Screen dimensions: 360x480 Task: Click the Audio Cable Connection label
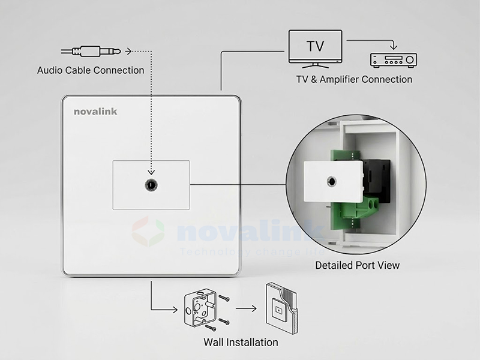tap(91, 70)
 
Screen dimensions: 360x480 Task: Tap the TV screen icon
tap(316, 46)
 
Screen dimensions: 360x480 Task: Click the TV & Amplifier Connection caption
tap(354, 79)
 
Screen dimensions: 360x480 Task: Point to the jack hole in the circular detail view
tap(331, 179)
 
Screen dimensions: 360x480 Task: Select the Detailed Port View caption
tap(357, 265)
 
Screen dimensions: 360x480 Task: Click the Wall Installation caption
tap(241, 343)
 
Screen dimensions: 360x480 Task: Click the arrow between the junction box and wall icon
tap(246, 310)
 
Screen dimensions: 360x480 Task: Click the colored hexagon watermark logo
tap(148, 233)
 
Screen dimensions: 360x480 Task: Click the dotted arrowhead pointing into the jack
tap(151, 175)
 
